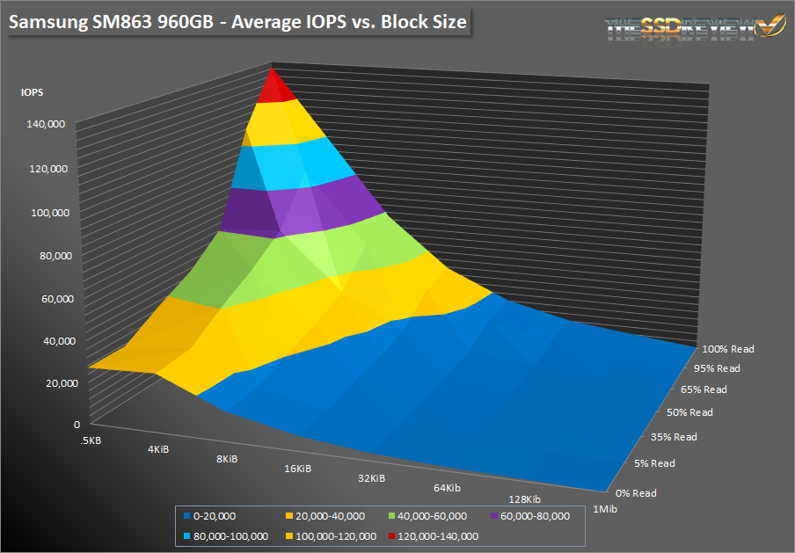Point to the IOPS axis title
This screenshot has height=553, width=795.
coord(32,91)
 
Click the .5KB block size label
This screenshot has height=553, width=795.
coord(91,440)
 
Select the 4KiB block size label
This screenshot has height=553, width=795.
coord(158,449)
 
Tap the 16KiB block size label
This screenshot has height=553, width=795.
coord(298,469)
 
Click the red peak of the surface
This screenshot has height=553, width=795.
coord(274,86)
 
